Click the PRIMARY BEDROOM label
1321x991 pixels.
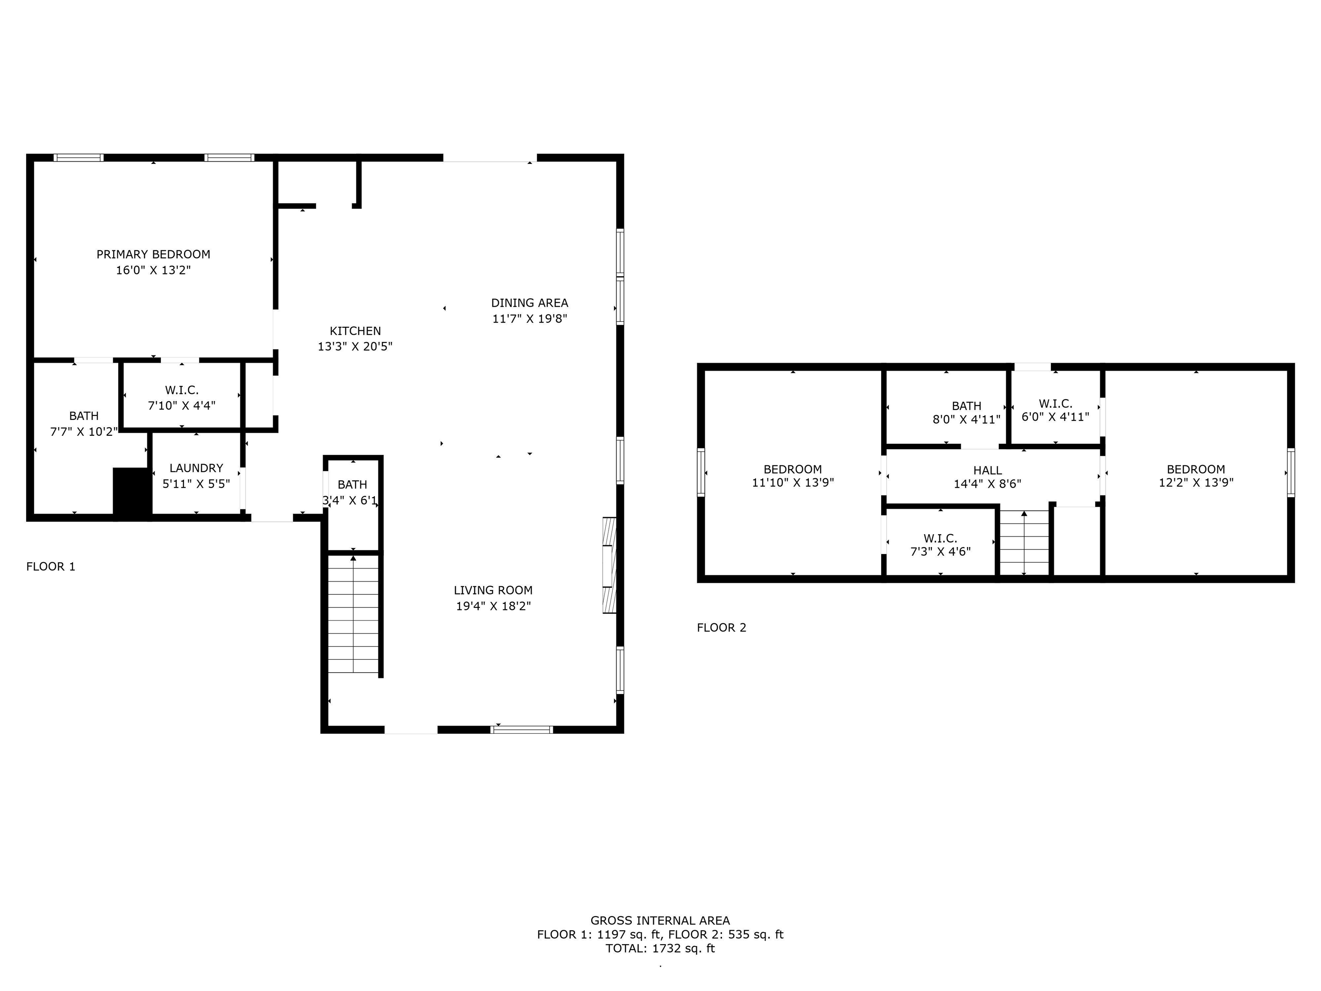click(x=154, y=255)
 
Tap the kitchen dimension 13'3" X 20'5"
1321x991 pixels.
click(x=355, y=346)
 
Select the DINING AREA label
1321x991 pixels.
click(x=530, y=303)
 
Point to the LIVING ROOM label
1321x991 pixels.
click(x=493, y=590)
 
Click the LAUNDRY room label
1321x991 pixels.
click(x=197, y=468)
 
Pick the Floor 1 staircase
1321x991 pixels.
click(x=353, y=615)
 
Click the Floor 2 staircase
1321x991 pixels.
click(x=1024, y=543)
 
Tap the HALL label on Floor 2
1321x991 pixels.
click(x=988, y=471)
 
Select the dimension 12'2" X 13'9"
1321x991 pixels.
click(x=1196, y=483)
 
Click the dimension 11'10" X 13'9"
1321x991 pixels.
click(x=793, y=483)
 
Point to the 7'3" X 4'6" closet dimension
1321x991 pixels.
click(x=940, y=551)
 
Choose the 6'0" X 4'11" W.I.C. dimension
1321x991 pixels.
click(x=1055, y=417)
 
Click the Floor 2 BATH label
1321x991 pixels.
click(x=967, y=406)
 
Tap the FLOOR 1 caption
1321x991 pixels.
click(x=51, y=566)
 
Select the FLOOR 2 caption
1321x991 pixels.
click(x=722, y=627)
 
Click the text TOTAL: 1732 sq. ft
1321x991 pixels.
click(x=660, y=948)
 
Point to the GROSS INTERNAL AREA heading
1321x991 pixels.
click(x=660, y=920)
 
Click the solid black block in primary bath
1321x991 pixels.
click(x=132, y=492)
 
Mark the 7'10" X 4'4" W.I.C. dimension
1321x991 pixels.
click(x=181, y=406)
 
